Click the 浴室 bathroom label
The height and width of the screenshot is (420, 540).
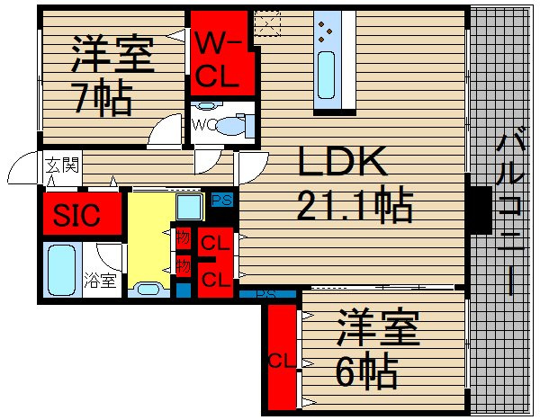pos(99,280)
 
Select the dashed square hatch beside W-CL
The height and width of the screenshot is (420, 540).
pos(266,20)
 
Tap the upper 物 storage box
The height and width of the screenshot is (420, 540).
pos(183,239)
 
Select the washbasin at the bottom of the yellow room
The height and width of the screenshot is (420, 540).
pos(146,290)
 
